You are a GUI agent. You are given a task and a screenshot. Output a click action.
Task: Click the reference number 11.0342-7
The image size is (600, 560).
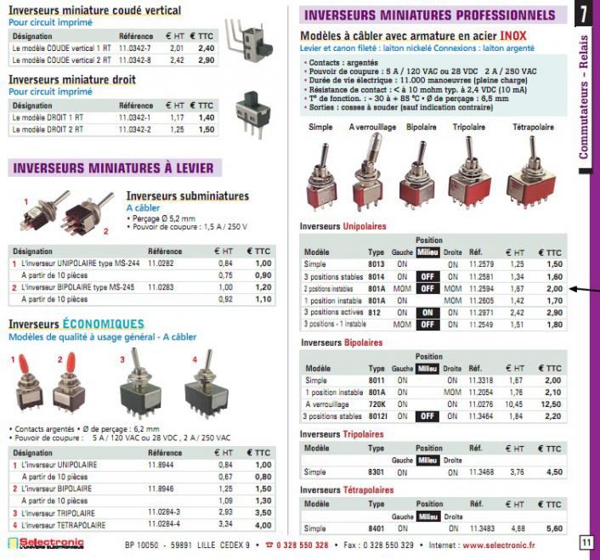pyautogui.click(x=134, y=48)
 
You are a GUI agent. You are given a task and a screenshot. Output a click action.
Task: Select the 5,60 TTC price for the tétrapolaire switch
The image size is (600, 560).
pyautogui.click(x=554, y=528)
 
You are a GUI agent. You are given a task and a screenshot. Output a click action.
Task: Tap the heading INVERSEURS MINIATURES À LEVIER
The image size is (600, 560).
pyautogui.click(x=113, y=167)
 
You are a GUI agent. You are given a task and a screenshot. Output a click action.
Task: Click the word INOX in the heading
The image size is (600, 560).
pyautogui.click(x=512, y=36)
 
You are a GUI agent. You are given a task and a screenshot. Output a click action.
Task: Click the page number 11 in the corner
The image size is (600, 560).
pyautogui.click(x=586, y=543)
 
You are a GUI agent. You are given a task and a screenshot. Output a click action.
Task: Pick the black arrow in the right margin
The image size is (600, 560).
pyautogui.click(x=585, y=291)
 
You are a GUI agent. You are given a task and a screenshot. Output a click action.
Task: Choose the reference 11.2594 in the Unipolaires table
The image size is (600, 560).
pyautogui.click(x=481, y=289)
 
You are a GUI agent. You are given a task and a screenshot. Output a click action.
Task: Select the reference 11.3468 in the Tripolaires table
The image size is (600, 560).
pyautogui.click(x=482, y=472)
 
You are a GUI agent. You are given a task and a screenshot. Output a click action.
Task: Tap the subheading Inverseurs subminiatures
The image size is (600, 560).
pyautogui.click(x=187, y=196)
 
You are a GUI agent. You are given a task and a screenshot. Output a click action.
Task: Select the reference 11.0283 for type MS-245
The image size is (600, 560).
pyautogui.click(x=160, y=287)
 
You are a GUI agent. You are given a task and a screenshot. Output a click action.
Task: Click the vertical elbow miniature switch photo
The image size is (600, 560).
pyautogui.click(x=256, y=41)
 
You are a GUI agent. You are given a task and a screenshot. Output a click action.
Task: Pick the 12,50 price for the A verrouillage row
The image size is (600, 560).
pyautogui.click(x=553, y=404)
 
